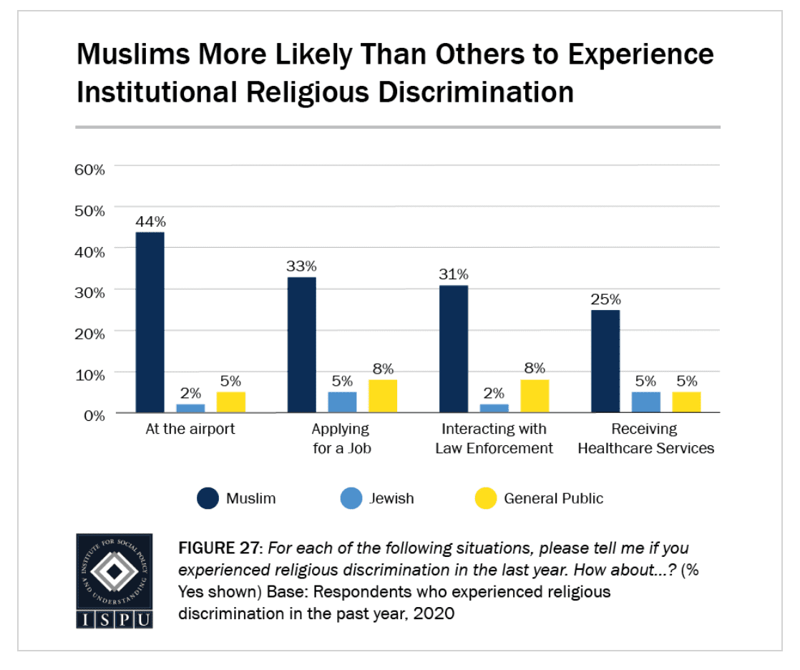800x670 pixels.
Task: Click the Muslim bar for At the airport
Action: pos(150,323)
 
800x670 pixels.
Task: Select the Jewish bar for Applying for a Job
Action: pos(342,402)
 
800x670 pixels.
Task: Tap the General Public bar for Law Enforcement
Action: pos(535,396)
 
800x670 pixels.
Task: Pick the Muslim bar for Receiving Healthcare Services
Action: pos(605,361)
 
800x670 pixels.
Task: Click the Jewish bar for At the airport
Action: pos(191,408)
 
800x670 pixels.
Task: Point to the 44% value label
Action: pos(150,222)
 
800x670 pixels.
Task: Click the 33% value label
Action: pos(301,266)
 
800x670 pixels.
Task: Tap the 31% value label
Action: pos(454,275)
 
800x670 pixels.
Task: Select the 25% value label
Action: pos(605,299)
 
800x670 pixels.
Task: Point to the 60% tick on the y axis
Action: pos(89,170)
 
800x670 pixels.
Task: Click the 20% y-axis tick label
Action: pos(89,334)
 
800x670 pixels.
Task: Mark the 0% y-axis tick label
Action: pos(94,417)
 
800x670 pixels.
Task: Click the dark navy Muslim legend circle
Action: pos(208,498)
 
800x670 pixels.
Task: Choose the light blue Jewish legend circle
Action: pos(351,498)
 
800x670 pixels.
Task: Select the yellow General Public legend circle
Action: pos(486,498)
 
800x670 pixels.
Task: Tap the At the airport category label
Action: pos(190,429)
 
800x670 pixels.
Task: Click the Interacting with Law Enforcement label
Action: pos(494,439)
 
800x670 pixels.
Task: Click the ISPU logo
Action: pos(114,581)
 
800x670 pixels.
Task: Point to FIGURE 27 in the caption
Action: pos(219,548)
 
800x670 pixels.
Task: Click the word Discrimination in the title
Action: pos(476,93)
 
